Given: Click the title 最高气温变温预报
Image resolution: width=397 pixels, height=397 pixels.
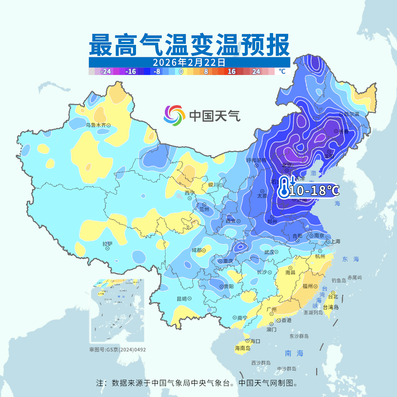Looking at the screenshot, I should [189, 45].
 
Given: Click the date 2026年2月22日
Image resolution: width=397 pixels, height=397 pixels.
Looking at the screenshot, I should [189, 62].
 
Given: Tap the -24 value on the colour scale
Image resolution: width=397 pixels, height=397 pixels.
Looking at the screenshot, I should [106, 72].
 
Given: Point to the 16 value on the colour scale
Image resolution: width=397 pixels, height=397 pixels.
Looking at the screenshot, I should [231, 72].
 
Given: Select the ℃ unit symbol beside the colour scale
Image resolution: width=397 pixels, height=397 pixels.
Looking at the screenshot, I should [282, 71].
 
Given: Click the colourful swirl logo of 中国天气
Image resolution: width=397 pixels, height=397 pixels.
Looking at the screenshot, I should [174, 115].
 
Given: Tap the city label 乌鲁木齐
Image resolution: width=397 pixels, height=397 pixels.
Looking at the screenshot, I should [96, 125].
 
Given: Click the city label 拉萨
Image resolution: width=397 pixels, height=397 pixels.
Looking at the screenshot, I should [107, 243].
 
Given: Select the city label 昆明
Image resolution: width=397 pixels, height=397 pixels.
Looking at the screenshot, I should [182, 298].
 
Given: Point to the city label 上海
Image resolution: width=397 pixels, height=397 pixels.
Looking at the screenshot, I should [335, 241].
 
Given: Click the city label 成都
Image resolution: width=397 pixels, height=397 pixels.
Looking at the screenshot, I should [196, 250].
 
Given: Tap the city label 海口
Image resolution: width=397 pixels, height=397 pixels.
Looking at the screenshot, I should [255, 341].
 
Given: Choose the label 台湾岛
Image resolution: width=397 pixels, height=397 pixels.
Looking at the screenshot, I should [330, 307].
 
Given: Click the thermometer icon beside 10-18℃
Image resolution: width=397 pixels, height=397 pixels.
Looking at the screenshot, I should [284, 187].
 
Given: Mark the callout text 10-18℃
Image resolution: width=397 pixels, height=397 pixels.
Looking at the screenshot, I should [314, 190].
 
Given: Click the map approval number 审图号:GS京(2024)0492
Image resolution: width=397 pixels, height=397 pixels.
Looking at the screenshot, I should [118, 350].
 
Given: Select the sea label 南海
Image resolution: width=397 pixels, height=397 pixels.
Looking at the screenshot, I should [294, 354].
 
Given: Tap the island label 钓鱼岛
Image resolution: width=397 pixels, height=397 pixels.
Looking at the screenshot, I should [339, 280].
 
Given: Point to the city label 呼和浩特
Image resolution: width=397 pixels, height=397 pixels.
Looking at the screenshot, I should [256, 160].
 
